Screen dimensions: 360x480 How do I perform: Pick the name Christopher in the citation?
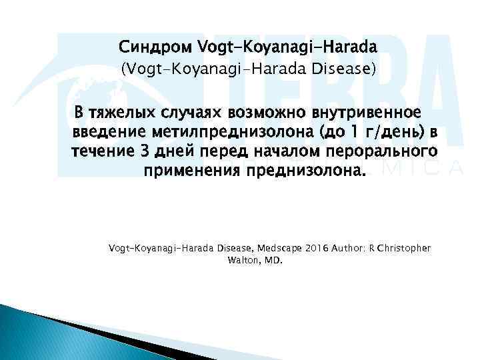(404, 248)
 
